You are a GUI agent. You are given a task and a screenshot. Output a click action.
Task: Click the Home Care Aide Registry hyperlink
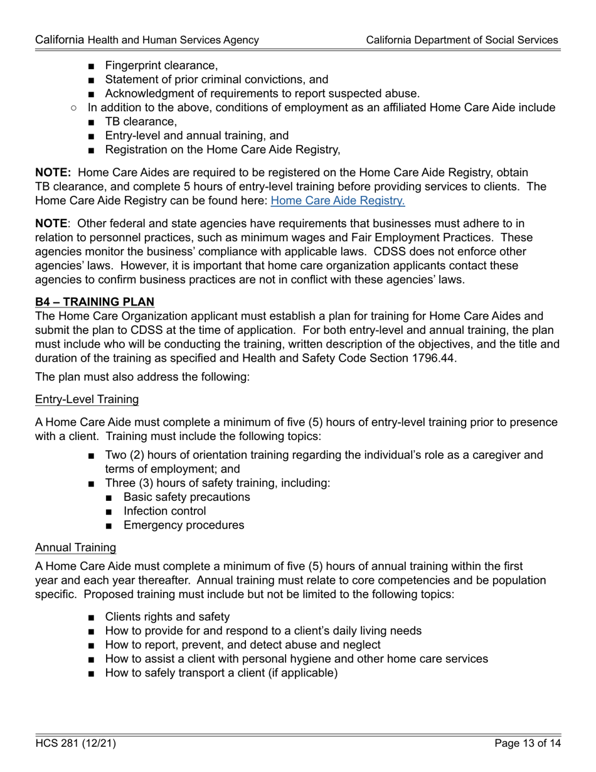click(x=338, y=201)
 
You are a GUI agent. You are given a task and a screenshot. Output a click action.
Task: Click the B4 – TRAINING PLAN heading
click(x=95, y=302)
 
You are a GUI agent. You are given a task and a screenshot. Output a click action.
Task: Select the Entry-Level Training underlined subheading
click(x=87, y=399)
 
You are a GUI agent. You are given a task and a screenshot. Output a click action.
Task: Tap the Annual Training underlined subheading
click(x=75, y=547)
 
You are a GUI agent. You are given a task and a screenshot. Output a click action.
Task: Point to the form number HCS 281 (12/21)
click(x=75, y=744)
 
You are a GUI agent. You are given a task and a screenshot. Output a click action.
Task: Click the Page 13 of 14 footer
click(x=527, y=744)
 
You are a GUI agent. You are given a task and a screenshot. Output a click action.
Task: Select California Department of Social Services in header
click(x=462, y=40)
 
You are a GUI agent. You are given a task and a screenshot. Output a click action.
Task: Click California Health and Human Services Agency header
click(x=147, y=40)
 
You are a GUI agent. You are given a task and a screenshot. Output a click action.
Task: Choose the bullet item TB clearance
click(x=141, y=122)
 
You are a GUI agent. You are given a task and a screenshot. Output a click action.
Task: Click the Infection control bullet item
click(x=164, y=511)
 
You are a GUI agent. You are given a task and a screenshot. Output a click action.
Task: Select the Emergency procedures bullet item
click(x=184, y=525)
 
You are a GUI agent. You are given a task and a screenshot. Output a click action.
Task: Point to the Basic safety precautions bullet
click(x=186, y=497)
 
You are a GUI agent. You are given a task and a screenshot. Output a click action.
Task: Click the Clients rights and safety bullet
click(x=167, y=617)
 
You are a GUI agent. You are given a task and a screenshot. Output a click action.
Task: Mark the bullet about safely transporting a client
click(x=221, y=673)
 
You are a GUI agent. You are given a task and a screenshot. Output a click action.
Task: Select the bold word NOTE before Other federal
click(x=51, y=224)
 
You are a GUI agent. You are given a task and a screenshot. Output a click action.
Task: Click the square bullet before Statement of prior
click(x=92, y=80)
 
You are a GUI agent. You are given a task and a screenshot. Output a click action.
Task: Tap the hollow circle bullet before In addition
click(x=74, y=108)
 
